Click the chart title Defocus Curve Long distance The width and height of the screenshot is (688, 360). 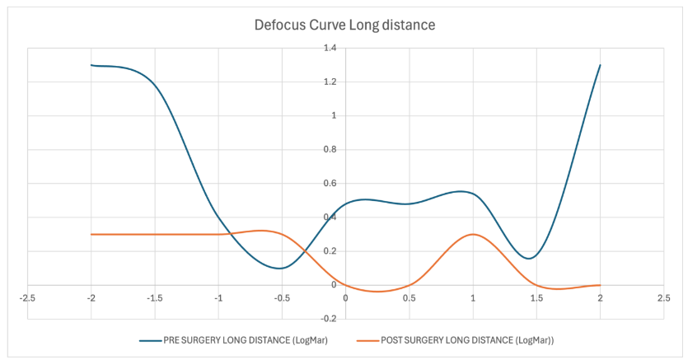pos(344,26)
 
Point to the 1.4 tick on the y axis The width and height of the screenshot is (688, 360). pos(330,49)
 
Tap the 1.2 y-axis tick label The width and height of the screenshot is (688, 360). pos(330,82)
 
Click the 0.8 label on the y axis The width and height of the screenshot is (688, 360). pos(330,150)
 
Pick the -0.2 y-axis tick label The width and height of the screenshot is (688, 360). pos(328,319)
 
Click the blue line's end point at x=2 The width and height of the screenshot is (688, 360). pos(599,65)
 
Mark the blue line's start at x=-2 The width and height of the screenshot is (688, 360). pos(91,65)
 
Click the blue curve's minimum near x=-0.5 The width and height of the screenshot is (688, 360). pos(281,268)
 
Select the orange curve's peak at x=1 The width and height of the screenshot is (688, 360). pos(472,234)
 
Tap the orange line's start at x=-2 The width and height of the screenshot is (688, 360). pos(91,234)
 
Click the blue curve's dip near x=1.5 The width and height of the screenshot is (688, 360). pos(531,258)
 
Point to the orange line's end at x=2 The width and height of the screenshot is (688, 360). pos(599,285)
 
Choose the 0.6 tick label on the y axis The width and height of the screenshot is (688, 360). pos(330,184)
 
